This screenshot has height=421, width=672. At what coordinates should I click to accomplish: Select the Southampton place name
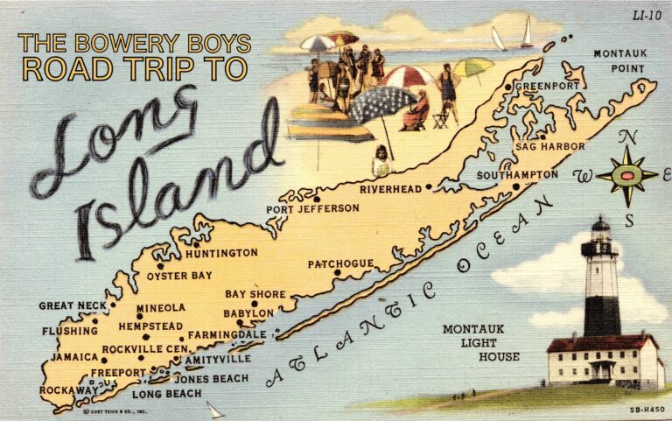pos(517,175)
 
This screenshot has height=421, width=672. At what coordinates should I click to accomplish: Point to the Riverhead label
pos(390,188)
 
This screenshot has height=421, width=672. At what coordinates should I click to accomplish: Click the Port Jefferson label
pos(313,208)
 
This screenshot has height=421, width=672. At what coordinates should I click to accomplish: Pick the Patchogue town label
pos(340,263)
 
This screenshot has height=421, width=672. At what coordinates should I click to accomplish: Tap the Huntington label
pos(220,253)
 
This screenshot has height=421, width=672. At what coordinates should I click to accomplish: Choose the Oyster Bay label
pos(178,276)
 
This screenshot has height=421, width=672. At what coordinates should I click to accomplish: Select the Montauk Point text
pos(620,60)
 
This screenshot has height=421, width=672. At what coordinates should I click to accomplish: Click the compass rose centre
pos(627,176)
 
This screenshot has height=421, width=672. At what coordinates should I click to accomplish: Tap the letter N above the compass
pos(626,137)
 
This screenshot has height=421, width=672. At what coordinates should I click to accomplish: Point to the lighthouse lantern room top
pos(600,225)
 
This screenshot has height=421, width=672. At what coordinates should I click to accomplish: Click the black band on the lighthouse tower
pos(602,315)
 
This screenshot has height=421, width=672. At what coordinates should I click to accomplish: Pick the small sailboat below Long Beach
pos(213,410)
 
